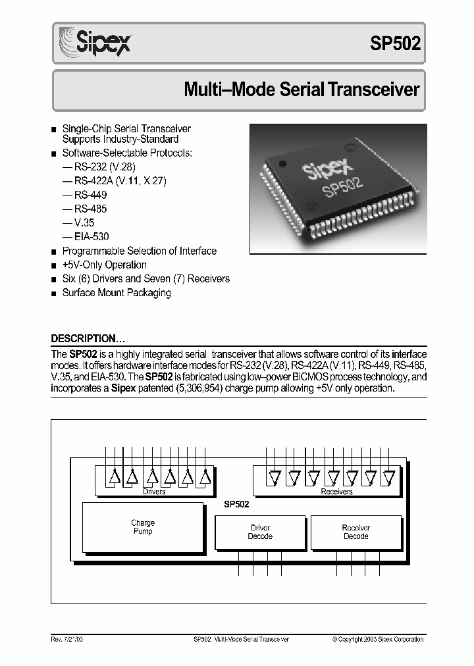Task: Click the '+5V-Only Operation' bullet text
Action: point(104,265)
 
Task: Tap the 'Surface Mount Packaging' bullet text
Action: point(117,293)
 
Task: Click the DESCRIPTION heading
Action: point(88,339)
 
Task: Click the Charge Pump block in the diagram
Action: point(142,527)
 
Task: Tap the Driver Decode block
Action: point(260,532)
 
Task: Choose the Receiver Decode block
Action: point(356,532)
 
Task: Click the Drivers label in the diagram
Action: point(154,492)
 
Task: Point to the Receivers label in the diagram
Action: point(336,492)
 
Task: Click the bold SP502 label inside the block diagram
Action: point(236,505)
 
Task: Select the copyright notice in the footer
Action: point(378,639)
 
